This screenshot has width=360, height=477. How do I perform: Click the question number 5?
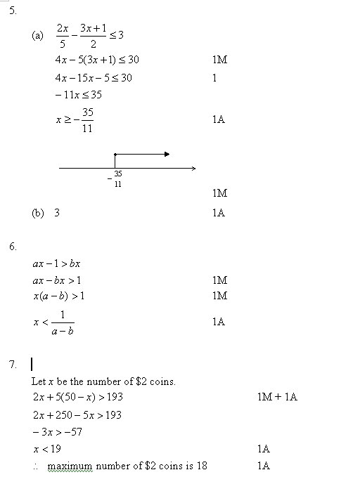[x=12, y=12]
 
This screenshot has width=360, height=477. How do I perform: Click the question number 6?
[x=12, y=247]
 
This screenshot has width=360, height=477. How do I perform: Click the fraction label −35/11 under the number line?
[x=116, y=178]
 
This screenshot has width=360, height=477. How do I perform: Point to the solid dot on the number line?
[x=115, y=154]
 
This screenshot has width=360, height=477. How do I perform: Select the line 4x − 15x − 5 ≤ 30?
[x=93, y=77]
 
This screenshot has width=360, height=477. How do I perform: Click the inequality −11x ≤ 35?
[x=78, y=95]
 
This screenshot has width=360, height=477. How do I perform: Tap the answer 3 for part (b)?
[x=57, y=212]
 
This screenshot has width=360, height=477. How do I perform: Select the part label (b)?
[x=38, y=212]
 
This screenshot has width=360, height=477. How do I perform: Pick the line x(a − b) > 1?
[x=59, y=296]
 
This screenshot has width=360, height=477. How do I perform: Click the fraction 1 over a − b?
[x=62, y=322]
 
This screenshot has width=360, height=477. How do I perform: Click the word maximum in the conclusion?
[x=70, y=466]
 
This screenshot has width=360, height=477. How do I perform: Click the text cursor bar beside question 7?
[x=32, y=365]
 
